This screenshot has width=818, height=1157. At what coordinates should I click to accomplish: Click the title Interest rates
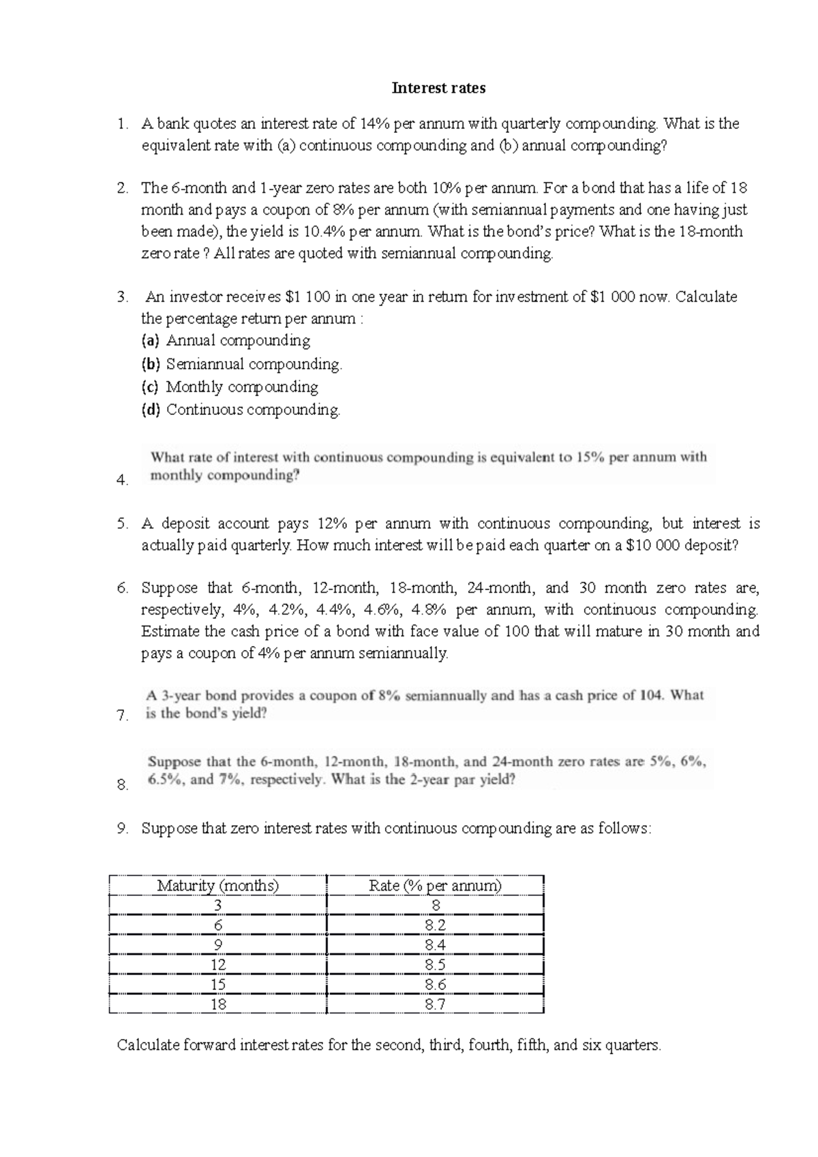click(438, 88)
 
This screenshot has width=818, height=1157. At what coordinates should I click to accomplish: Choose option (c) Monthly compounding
click(242, 387)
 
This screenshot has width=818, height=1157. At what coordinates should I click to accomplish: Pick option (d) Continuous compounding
click(253, 410)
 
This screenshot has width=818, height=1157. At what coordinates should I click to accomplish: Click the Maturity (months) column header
click(218, 885)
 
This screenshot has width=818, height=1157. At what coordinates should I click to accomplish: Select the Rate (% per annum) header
click(435, 885)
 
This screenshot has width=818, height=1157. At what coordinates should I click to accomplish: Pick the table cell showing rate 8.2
click(435, 925)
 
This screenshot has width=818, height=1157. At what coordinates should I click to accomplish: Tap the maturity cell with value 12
click(218, 964)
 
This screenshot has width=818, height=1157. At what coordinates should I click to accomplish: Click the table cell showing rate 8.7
click(435, 1004)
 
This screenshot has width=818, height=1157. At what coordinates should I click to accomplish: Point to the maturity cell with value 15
click(218, 984)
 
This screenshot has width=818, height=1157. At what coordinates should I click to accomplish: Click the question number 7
click(122, 715)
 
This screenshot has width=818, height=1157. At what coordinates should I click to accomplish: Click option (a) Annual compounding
click(238, 341)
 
